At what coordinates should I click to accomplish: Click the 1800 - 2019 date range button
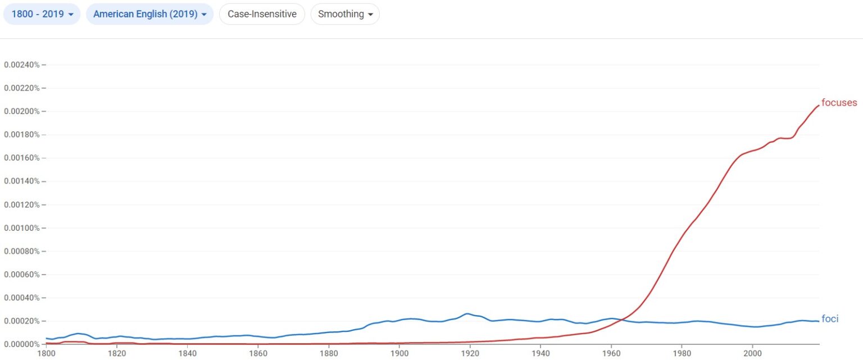[x=42, y=14]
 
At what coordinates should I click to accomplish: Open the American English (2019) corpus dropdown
[x=149, y=14]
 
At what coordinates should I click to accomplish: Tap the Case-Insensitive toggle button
[x=262, y=14]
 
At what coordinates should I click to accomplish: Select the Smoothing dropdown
[x=345, y=14]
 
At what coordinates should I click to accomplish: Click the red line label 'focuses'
[x=839, y=103]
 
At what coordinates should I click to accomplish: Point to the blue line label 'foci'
[x=829, y=319]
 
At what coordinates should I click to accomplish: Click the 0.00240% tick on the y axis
[x=22, y=65]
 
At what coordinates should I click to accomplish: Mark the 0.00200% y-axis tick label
[x=22, y=111]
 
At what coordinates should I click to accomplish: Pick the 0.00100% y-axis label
[x=22, y=228]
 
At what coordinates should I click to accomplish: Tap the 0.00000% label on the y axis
[x=22, y=344]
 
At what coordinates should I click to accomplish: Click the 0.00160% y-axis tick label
[x=22, y=158]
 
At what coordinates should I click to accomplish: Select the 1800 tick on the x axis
[x=46, y=354]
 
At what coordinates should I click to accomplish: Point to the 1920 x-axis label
[x=470, y=354]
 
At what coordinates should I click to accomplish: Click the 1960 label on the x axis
[x=611, y=354]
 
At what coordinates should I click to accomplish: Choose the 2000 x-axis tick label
[x=752, y=354]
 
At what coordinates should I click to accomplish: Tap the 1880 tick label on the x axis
[x=329, y=354]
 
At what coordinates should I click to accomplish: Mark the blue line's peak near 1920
[x=466, y=313]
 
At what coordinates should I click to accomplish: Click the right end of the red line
[x=819, y=105]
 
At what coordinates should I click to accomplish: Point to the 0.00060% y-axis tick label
[x=22, y=275]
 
